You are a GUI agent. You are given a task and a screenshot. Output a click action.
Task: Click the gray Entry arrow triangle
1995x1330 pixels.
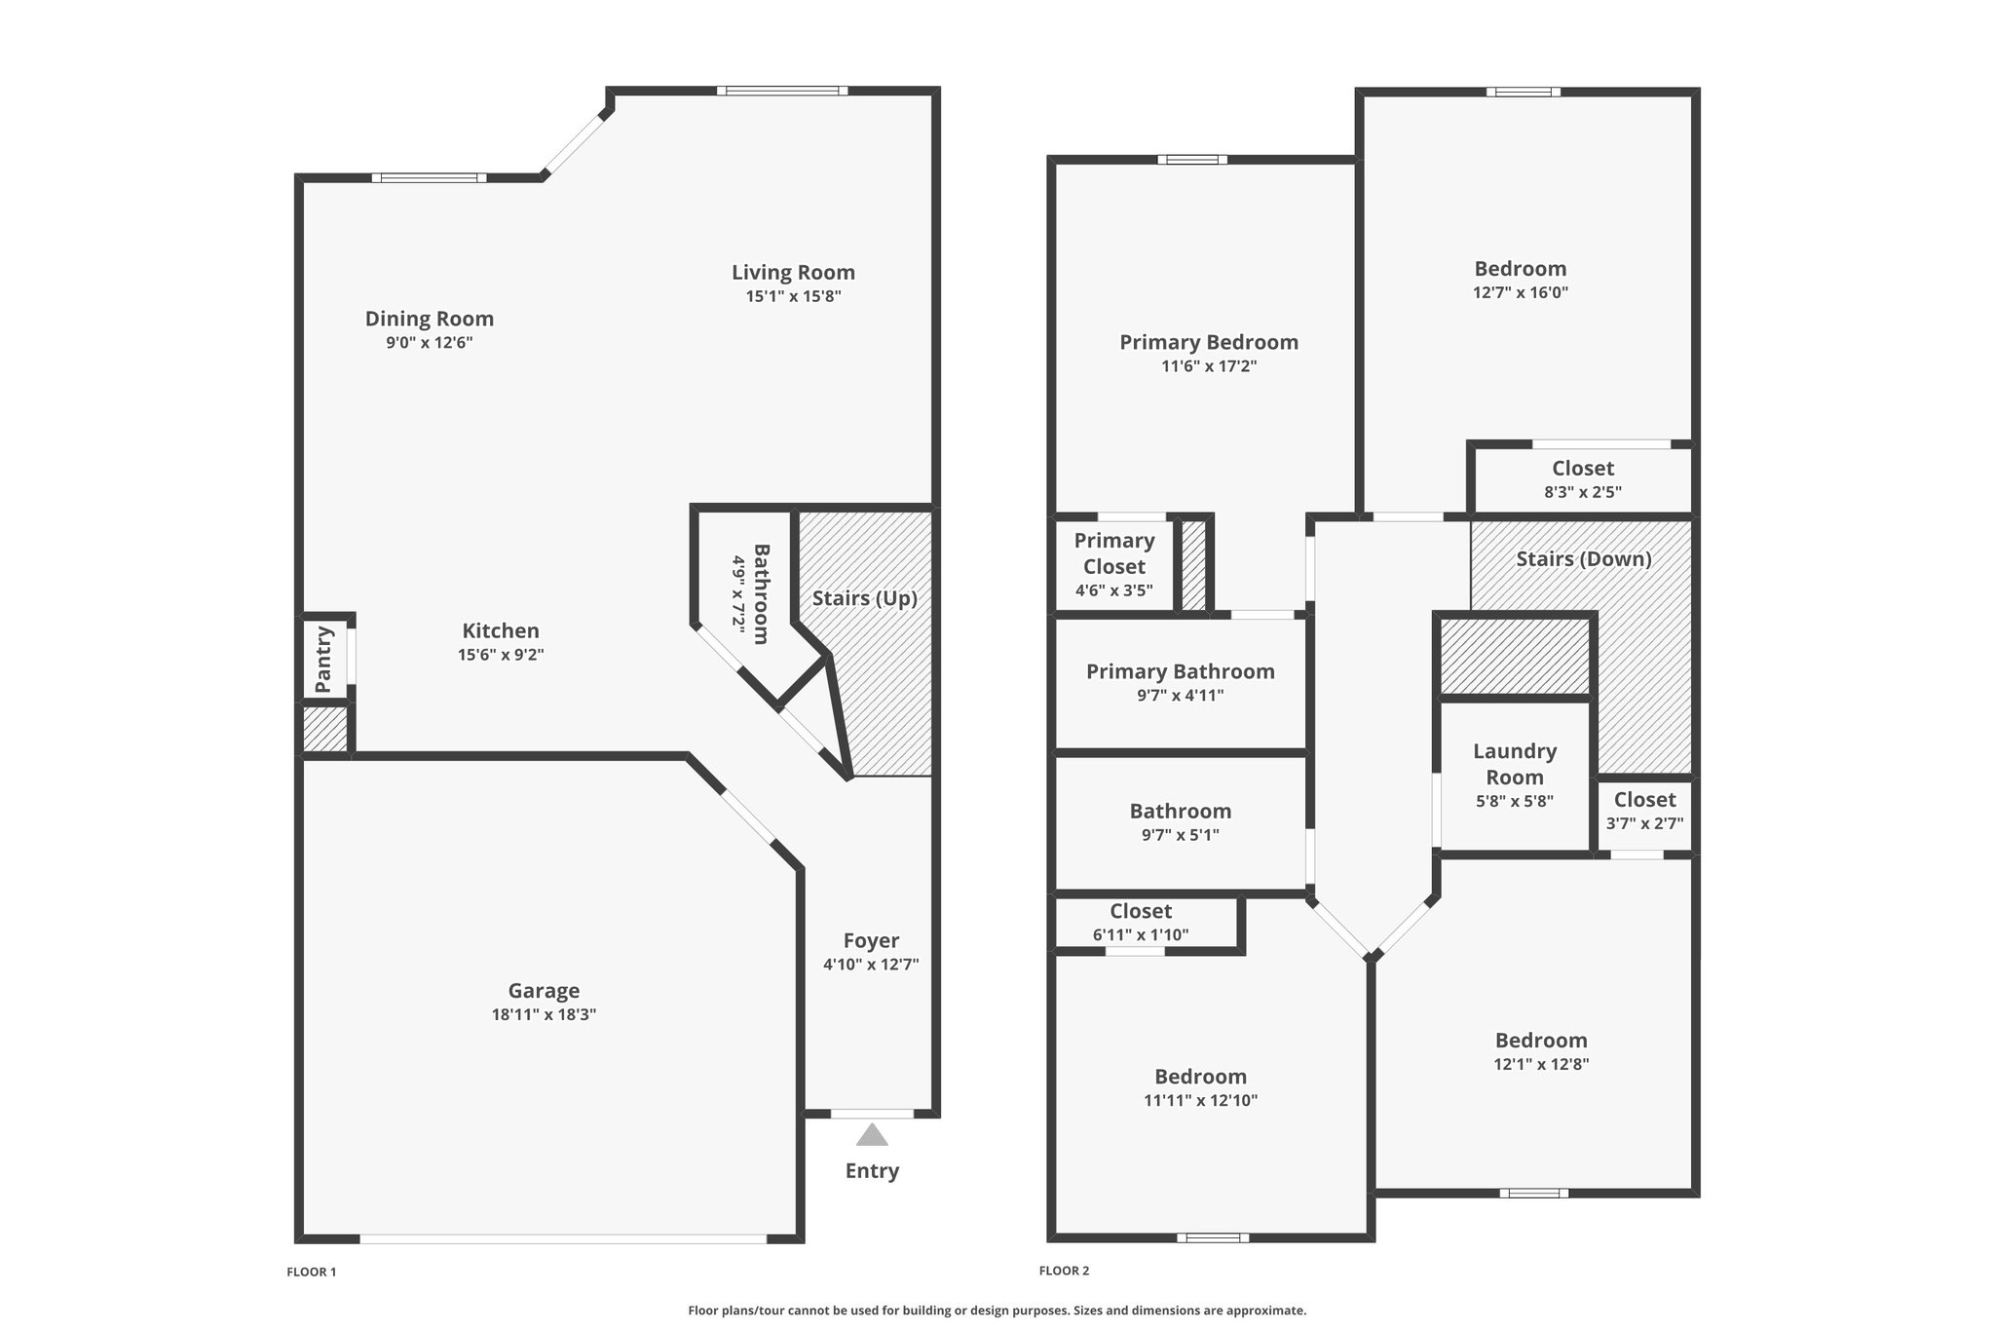click(872, 1135)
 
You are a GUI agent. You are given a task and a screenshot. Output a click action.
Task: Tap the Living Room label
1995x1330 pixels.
click(793, 273)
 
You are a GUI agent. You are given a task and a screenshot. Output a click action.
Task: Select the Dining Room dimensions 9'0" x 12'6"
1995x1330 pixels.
click(430, 343)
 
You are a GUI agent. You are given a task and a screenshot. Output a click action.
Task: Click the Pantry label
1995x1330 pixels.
click(324, 660)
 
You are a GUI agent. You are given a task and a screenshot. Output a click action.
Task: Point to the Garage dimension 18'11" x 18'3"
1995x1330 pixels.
click(544, 1014)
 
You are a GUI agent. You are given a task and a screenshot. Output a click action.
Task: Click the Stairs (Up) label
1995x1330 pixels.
click(865, 598)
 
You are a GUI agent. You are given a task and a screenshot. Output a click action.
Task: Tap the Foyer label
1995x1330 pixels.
click(871, 940)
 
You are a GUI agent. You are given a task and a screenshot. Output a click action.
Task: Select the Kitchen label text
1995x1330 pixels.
click(501, 630)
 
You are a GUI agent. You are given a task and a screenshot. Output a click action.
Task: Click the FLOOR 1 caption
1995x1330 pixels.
click(312, 1272)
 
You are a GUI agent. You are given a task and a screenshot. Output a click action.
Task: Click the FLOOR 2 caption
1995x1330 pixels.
click(1065, 1271)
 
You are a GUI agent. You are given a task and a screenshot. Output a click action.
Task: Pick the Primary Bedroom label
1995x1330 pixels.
click(1209, 342)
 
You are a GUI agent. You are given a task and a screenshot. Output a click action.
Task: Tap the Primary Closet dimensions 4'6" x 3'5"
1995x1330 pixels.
click(1114, 590)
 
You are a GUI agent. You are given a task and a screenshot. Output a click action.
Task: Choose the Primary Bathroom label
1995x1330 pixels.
click(1181, 671)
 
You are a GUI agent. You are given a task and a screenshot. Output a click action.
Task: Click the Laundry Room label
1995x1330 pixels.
click(1515, 764)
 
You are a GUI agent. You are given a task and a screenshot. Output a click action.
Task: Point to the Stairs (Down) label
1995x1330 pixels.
click(1584, 559)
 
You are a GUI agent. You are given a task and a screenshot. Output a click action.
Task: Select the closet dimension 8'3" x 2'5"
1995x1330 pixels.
click(1583, 492)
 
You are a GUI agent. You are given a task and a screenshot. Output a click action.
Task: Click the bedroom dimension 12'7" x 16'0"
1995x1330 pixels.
click(1521, 292)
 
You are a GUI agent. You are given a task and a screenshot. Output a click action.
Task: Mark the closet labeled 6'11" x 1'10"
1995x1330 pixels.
click(1146, 922)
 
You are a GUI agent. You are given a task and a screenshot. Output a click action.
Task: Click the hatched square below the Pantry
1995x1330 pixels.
click(324, 729)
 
